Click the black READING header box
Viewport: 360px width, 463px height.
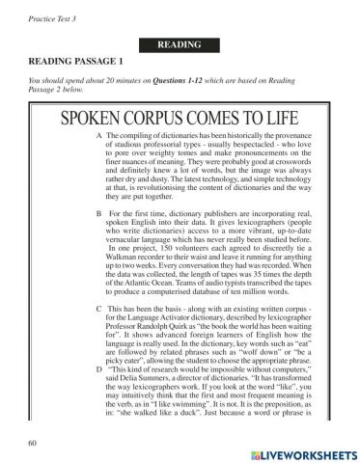180,45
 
